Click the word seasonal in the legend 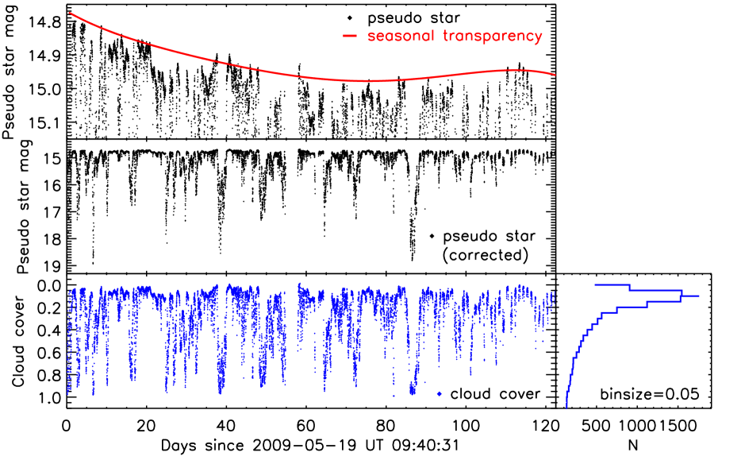[401, 37]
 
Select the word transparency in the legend [493, 37]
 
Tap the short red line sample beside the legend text [350, 37]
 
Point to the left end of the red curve [70, 12]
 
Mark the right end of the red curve [555, 75]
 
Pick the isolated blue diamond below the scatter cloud [439, 394]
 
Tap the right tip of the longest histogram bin [699, 296]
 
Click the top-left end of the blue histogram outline [596, 284]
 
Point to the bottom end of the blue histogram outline [566, 408]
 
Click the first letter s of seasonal [371, 37]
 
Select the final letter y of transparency [538, 38]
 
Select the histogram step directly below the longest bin [662, 302]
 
